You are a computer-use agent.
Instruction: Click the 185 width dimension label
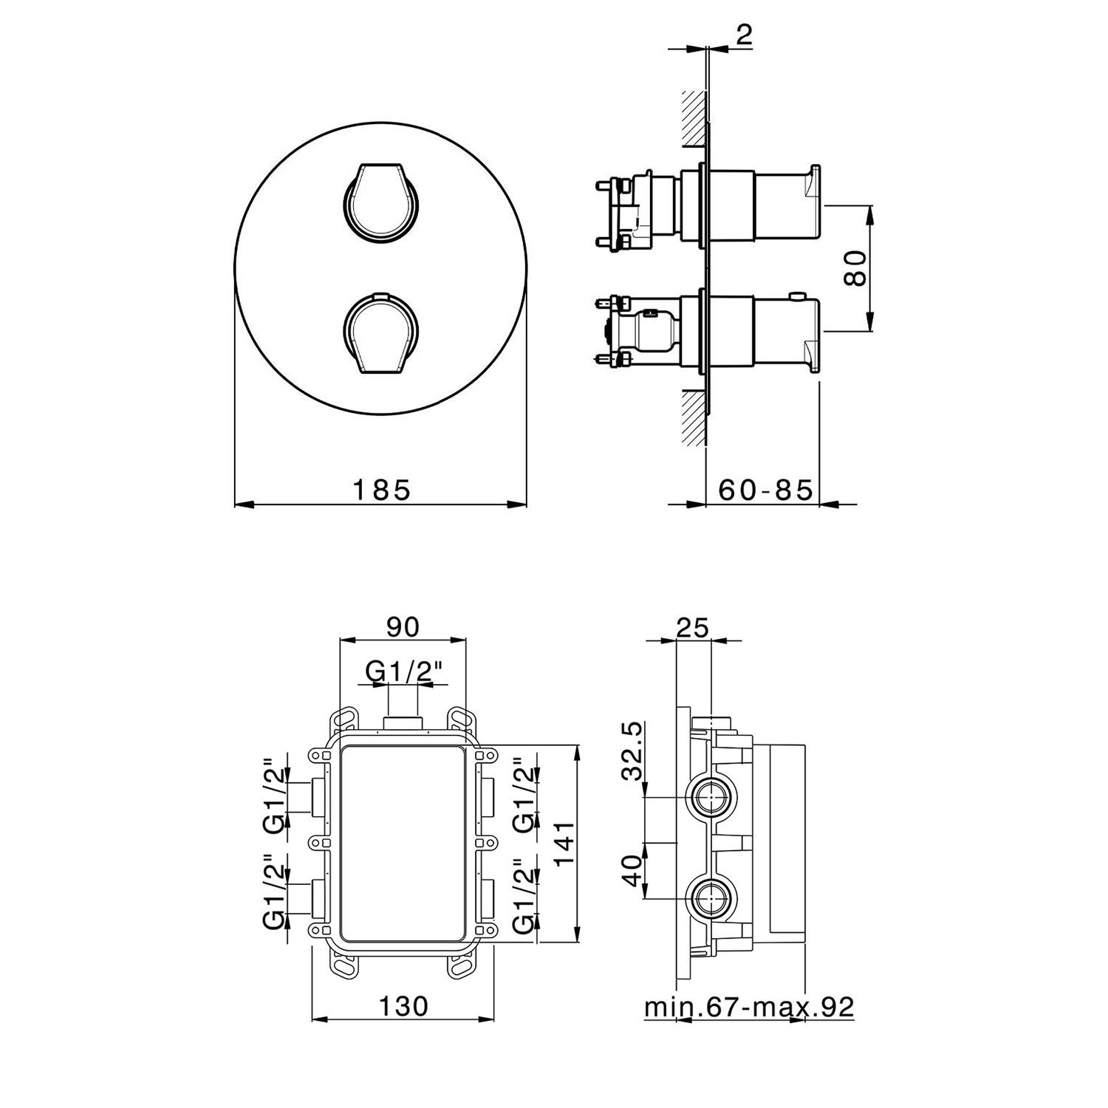(381, 489)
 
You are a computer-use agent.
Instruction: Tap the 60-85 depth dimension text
(765, 489)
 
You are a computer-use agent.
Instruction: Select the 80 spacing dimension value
(855, 268)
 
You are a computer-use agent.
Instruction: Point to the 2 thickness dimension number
(744, 35)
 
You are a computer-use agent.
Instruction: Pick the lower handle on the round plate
(382, 332)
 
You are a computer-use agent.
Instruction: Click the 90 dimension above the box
(403, 626)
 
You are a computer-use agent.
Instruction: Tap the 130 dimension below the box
(403, 1005)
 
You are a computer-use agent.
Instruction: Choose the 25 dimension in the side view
(693, 627)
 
